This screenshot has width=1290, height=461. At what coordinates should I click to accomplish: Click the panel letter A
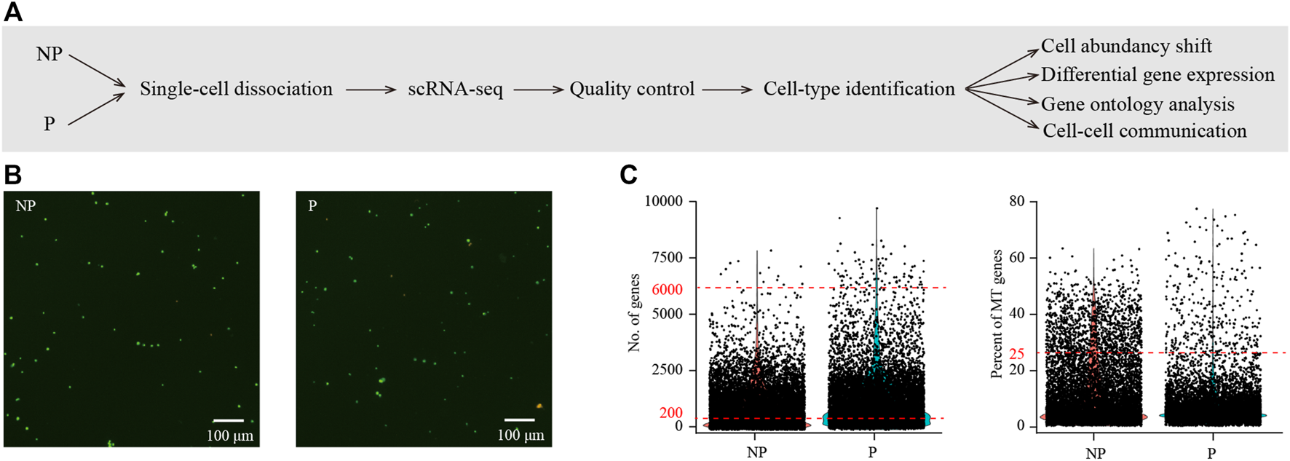pyautogui.click(x=13, y=12)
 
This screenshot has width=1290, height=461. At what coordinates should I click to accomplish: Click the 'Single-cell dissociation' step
pyautogui.click(x=236, y=89)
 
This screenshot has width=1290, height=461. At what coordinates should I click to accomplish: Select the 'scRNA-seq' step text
pyautogui.click(x=455, y=90)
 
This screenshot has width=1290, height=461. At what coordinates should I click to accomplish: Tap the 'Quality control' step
pyautogui.click(x=632, y=89)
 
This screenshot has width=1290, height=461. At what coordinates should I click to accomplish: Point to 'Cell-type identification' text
pyautogui.click(x=859, y=89)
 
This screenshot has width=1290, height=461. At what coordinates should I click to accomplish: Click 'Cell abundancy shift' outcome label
pyautogui.click(x=1126, y=46)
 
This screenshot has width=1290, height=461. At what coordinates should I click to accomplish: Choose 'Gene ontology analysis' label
pyautogui.click(x=1138, y=104)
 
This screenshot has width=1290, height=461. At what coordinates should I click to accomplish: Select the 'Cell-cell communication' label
pyautogui.click(x=1144, y=131)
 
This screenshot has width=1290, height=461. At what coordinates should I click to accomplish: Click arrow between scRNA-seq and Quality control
pyautogui.click(x=538, y=90)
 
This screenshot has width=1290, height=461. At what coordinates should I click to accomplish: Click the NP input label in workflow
pyautogui.click(x=50, y=55)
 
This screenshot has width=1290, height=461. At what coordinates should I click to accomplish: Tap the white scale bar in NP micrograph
pyautogui.click(x=228, y=420)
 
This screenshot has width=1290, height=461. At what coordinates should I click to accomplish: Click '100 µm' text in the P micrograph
pyautogui.click(x=521, y=436)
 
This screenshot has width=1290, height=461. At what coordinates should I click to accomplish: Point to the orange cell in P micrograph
pyautogui.click(x=539, y=406)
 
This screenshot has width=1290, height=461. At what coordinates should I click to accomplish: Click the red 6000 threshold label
pyautogui.click(x=667, y=289)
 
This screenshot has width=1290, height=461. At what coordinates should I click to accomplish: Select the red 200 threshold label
pyautogui.click(x=670, y=413)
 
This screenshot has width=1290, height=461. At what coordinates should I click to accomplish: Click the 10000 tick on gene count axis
pyautogui.click(x=663, y=201)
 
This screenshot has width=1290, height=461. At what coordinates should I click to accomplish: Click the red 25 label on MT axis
pyautogui.click(x=1016, y=354)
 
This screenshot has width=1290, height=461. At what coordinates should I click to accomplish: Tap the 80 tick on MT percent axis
pyautogui.click(x=1016, y=201)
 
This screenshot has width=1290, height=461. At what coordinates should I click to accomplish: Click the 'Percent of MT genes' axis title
pyautogui.click(x=997, y=313)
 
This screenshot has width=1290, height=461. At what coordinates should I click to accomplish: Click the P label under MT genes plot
pyautogui.click(x=1211, y=453)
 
